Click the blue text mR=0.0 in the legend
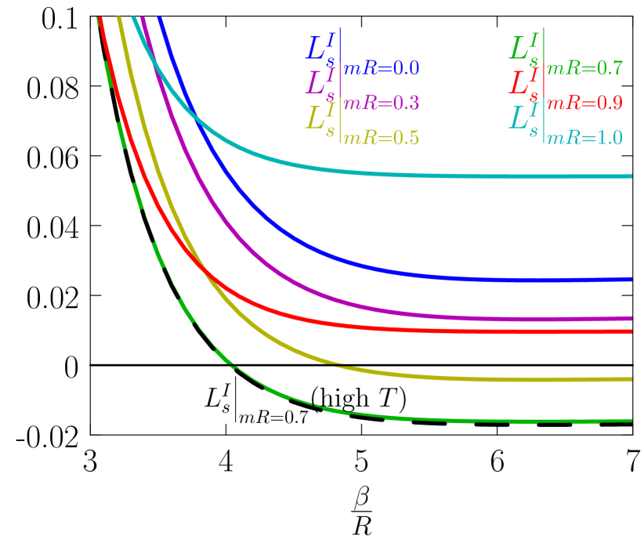click(x=382, y=69)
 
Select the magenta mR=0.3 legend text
click(x=382, y=103)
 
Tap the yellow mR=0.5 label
click(x=382, y=139)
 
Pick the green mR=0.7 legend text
click(x=584, y=69)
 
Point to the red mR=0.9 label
click(x=584, y=103)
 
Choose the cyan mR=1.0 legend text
click(x=584, y=139)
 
